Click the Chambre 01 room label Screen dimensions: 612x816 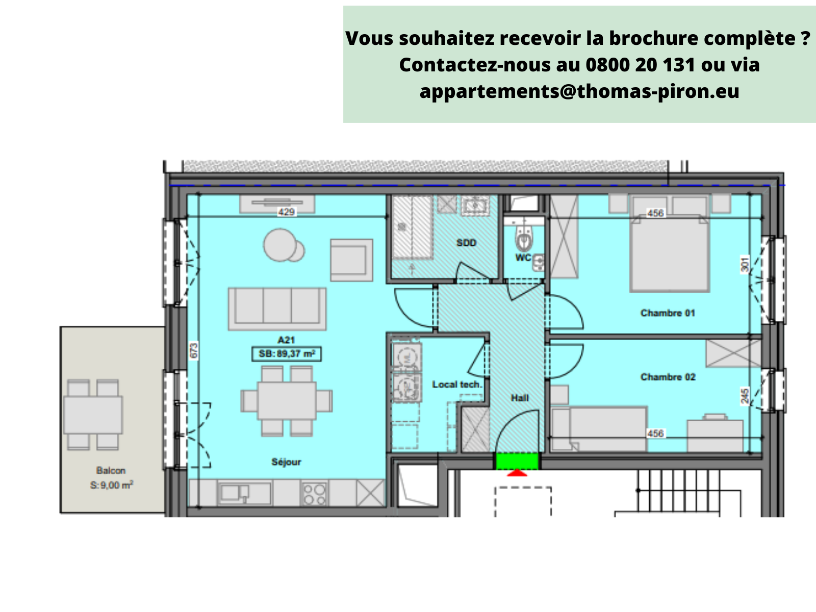pyautogui.click(x=668, y=313)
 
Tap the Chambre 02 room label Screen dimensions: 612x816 pyautogui.click(x=668, y=377)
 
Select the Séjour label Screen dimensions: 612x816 pyautogui.click(x=286, y=462)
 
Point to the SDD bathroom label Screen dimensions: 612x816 pyautogui.click(x=466, y=243)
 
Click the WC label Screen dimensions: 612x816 pyautogui.click(x=523, y=258)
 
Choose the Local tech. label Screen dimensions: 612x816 pyautogui.click(x=456, y=385)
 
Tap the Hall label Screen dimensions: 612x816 pyautogui.click(x=520, y=398)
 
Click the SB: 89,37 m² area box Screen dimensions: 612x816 pyautogui.click(x=287, y=353)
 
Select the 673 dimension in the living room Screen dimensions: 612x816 pyautogui.click(x=193, y=351)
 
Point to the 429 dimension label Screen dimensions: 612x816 pyautogui.click(x=286, y=212)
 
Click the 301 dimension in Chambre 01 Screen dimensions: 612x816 pyautogui.click(x=745, y=264)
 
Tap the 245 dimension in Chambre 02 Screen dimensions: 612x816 pyautogui.click(x=745, y=396)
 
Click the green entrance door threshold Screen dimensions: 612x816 pyautogui.click(x=517, y=461)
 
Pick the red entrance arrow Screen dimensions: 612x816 pyautogui.click(x=517, y=473)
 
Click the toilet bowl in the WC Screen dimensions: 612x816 pyautogui.click(x=523, y=239)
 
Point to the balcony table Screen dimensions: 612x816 pyautogui.click(x=93, y=415)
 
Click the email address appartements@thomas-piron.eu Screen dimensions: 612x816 pyautogui.click(x=579, y=91)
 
